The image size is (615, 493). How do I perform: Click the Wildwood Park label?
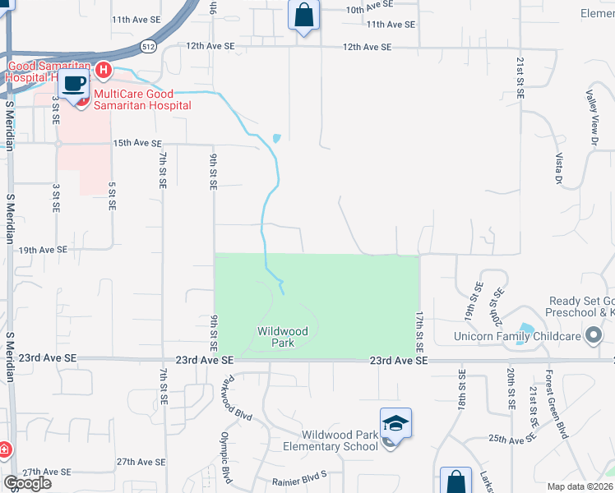[x=282, y=337]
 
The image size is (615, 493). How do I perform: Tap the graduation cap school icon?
[x=395, y=423]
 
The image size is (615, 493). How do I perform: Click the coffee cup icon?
[x=75, y=84]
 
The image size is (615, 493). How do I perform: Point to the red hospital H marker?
[x=104, y=71]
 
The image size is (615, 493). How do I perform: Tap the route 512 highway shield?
[x=148, y=46]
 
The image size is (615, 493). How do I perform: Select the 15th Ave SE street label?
[x=136, y=143]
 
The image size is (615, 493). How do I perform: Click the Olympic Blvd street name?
[x=226, y=456]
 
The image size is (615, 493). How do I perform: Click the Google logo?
[x=28, y=482]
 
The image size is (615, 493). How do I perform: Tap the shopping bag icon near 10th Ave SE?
[x=303, y=15]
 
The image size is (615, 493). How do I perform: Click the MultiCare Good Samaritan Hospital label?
[x=142, y=99]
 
